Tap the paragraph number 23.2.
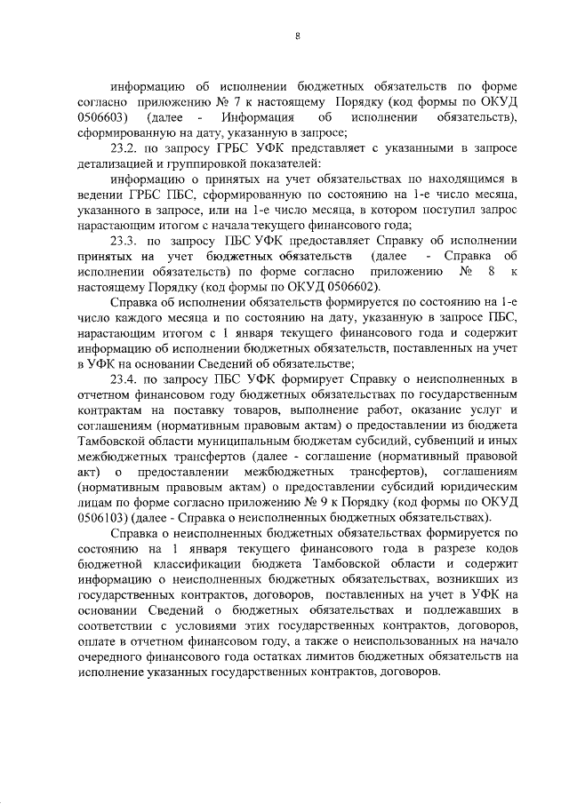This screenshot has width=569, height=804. [x=127, y=148]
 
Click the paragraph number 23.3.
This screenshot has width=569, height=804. [x=127, y=241]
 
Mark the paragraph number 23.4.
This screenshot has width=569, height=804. [x=127, y=378]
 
